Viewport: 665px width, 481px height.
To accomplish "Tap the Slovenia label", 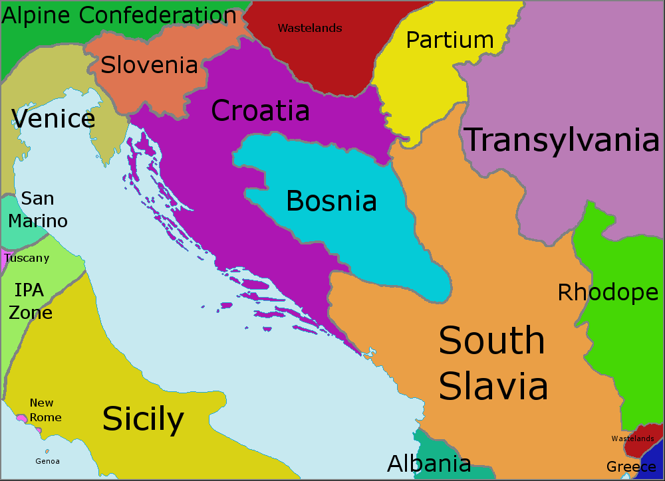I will tap(149, 64).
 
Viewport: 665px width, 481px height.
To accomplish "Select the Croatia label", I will tap(260, 110).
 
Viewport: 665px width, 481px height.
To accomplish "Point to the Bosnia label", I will tap(331, 201).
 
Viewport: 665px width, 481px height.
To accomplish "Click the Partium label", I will tap(450, 40).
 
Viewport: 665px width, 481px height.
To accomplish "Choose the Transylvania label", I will tap(561, 140).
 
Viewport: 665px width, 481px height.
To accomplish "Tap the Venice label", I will tap(53, 119).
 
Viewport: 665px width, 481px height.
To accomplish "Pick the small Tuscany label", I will tap(27, 258).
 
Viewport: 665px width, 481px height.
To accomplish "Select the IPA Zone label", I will tap(30, 301).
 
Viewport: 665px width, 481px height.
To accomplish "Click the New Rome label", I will tap(45, 410).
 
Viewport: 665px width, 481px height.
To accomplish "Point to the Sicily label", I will tap(143, 419).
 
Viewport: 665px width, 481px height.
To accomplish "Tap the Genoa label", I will tap(47, 461).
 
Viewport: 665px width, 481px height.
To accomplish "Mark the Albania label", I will tap(429, 464).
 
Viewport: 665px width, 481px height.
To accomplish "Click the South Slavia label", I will tap(493, 363).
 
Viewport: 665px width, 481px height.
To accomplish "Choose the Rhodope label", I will tap(608, 292).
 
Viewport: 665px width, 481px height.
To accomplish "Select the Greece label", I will tap(631, 466).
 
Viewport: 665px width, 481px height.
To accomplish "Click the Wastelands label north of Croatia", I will tap(310, 28).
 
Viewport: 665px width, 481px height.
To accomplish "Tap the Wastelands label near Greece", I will tap(632, 438).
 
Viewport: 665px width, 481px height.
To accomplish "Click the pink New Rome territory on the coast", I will tap(22, 419).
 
